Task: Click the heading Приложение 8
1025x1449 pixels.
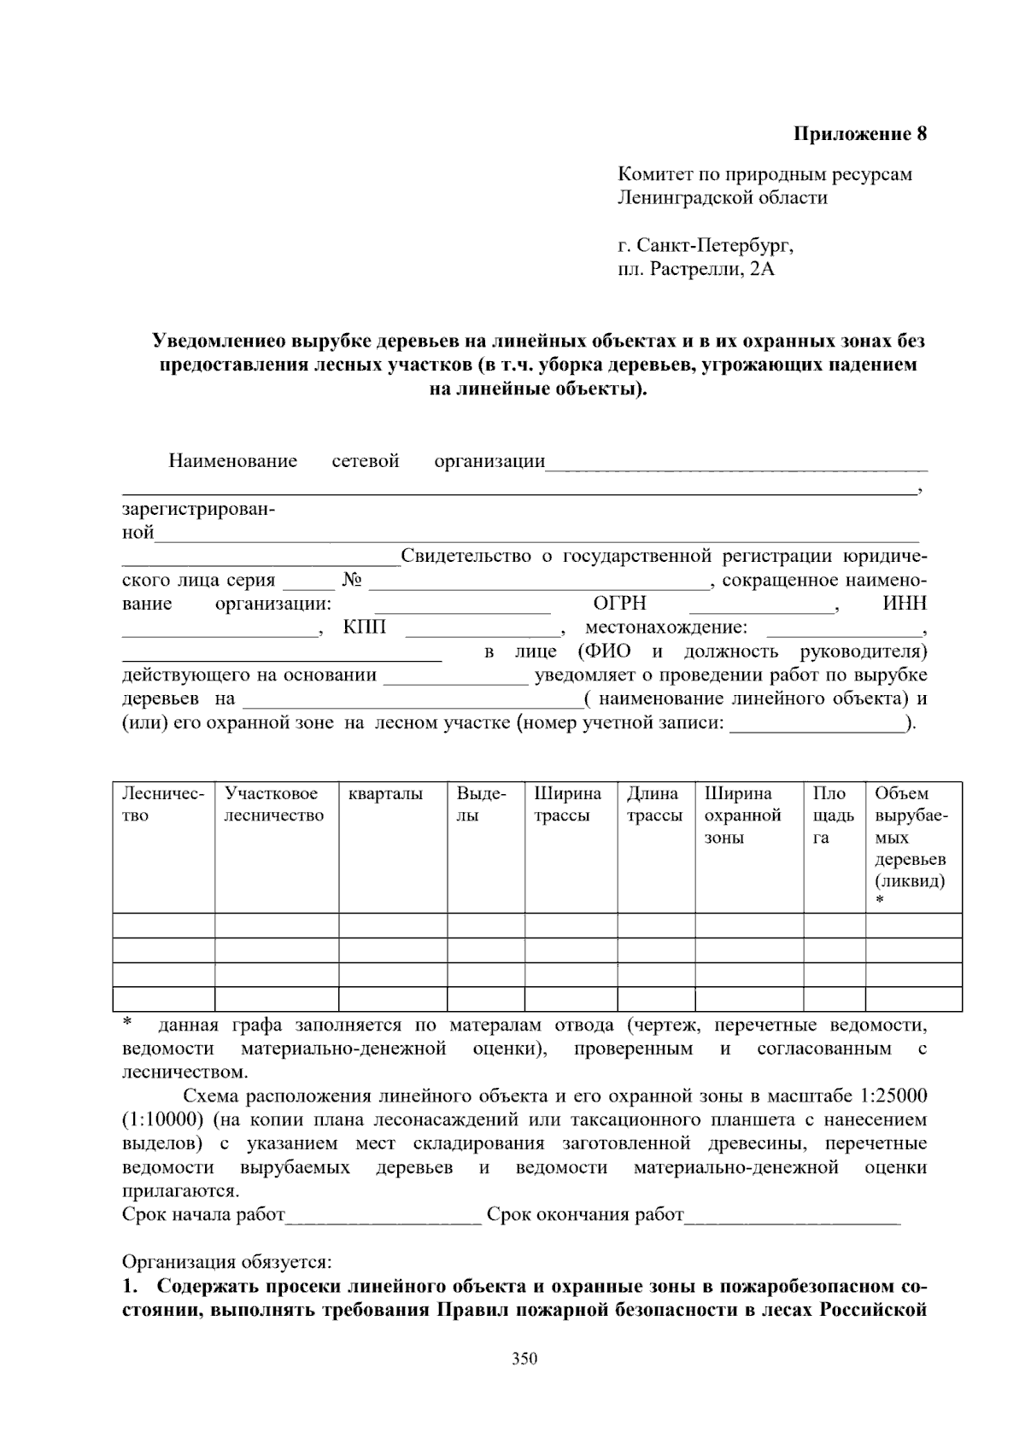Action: (x=860, y=134)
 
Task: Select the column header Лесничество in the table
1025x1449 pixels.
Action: (x=162, y=804)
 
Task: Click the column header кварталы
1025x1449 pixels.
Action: (x=385, y=794)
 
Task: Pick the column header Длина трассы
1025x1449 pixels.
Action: (x=653, y=804)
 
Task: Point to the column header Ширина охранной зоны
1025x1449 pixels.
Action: (x=742, y=815)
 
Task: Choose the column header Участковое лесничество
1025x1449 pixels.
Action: (x=274, y=804)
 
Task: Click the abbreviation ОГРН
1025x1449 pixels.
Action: (x=619, y=604)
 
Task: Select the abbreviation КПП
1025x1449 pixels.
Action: (x=365, y=628)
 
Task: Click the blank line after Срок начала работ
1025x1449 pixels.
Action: (x=384, y=1216)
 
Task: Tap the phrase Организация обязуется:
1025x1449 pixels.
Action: (x=226, y=1262)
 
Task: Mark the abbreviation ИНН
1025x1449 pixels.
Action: (x=905, y=604)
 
